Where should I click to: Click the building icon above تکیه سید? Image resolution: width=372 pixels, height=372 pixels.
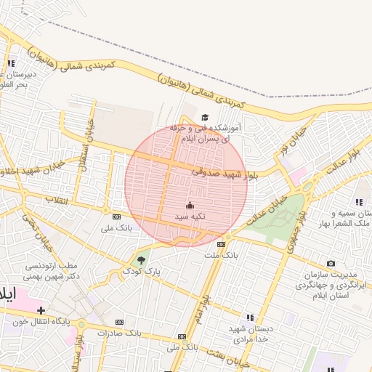pos(190,206)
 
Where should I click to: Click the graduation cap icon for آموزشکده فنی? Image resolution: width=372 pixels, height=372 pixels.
pos(205,117)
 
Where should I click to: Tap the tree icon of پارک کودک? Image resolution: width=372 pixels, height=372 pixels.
pos(141,259)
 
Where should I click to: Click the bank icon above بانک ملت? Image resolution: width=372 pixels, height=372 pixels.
pos(221,244)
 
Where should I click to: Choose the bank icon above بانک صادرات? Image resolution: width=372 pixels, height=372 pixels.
pos(119,322)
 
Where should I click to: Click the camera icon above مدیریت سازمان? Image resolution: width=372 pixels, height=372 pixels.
pos(331,263)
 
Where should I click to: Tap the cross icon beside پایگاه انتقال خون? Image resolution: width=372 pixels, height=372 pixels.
pos(41,311)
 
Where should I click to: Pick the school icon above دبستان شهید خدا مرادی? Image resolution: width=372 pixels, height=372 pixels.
pos(250,318)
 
